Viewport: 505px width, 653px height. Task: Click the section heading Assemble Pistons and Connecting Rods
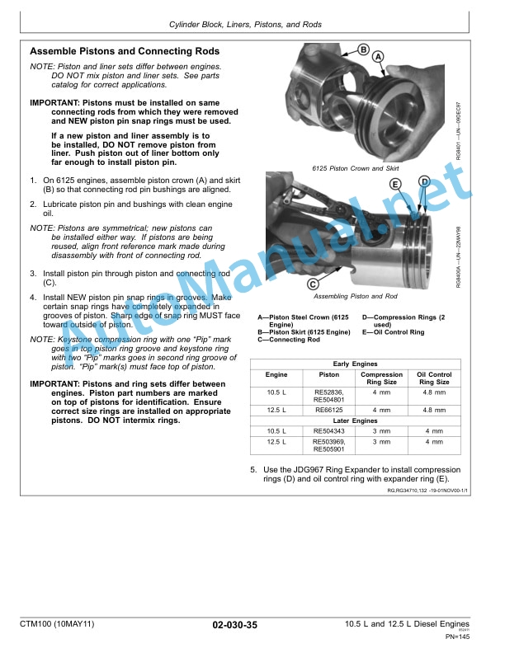point(124,51)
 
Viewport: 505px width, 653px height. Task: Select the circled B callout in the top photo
point(362,49)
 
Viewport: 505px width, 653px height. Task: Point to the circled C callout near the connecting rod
point(314,284)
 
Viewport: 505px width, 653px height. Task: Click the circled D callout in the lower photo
point(424,181)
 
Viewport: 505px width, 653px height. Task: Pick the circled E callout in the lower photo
point(395,183)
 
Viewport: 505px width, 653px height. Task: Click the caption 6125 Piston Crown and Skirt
point(356,168)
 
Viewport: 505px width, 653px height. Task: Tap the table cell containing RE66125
point(328,408)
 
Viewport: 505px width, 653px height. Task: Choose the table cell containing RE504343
point(328,431)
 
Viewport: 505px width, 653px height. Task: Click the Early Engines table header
point(355,364)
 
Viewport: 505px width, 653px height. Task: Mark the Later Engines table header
point(355,420)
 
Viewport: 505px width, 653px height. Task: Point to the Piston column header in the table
point(328,375)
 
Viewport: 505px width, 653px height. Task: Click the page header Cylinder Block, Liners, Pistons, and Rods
point(252,26)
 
